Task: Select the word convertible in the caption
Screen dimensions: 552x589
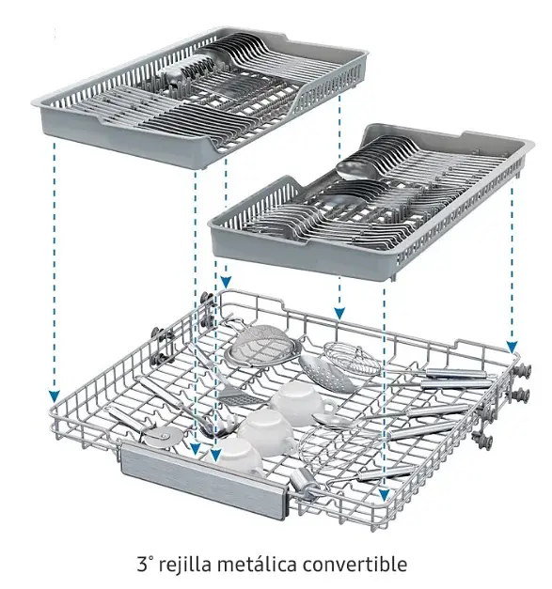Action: pyautogui.click(x=355, y=565)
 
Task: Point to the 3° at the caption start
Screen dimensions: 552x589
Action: pyautogui.click(x=145, y=565)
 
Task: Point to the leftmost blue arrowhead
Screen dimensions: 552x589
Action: pyautogui.click(x=55, y=395)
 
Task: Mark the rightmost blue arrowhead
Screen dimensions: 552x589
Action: pyautogui.click(x=512, y=347)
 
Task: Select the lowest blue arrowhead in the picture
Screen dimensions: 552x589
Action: pyautogui.click(x=384, y=495)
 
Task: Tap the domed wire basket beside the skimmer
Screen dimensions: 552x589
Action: pyautogui.click(x=353, y=357)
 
